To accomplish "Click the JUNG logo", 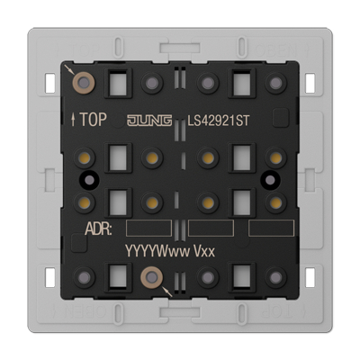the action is point(149,121).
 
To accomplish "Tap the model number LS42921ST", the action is point(219,121).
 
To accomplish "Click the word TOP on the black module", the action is point(93,120).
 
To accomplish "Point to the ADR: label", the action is point(99,229).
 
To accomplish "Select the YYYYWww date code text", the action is point(157,251).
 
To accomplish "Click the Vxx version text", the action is point(204,251).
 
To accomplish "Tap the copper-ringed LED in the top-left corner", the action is point(84,83).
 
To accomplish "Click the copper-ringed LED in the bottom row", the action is point(152,277).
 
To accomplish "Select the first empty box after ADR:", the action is point(148,228).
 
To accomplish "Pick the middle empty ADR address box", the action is point(211,228).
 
